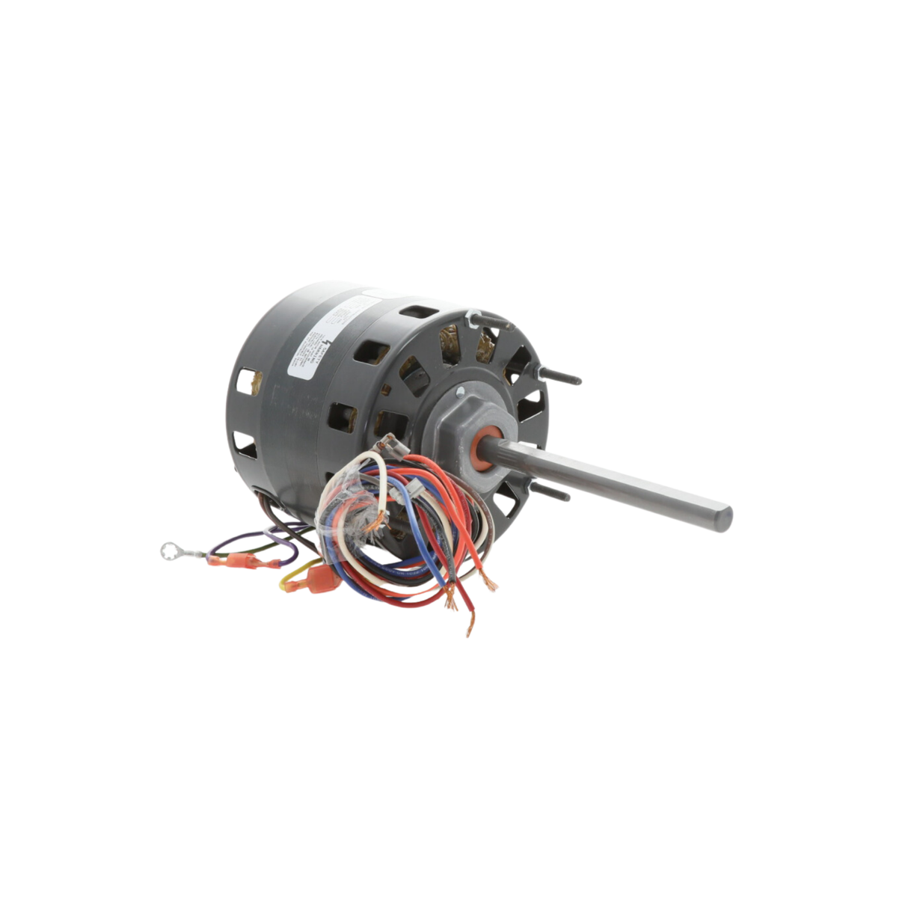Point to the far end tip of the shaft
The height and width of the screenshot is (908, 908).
[x=725, y=519]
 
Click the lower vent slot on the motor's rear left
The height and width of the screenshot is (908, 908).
[x=244, y=443]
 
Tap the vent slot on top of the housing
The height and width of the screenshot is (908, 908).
[x=417, y=312]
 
